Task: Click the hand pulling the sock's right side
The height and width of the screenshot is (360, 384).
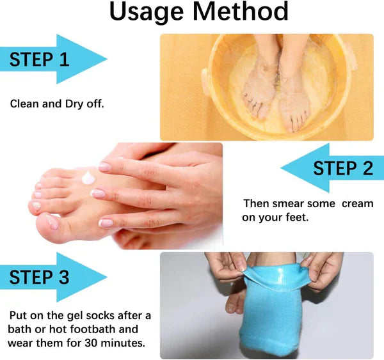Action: point(323,269)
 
